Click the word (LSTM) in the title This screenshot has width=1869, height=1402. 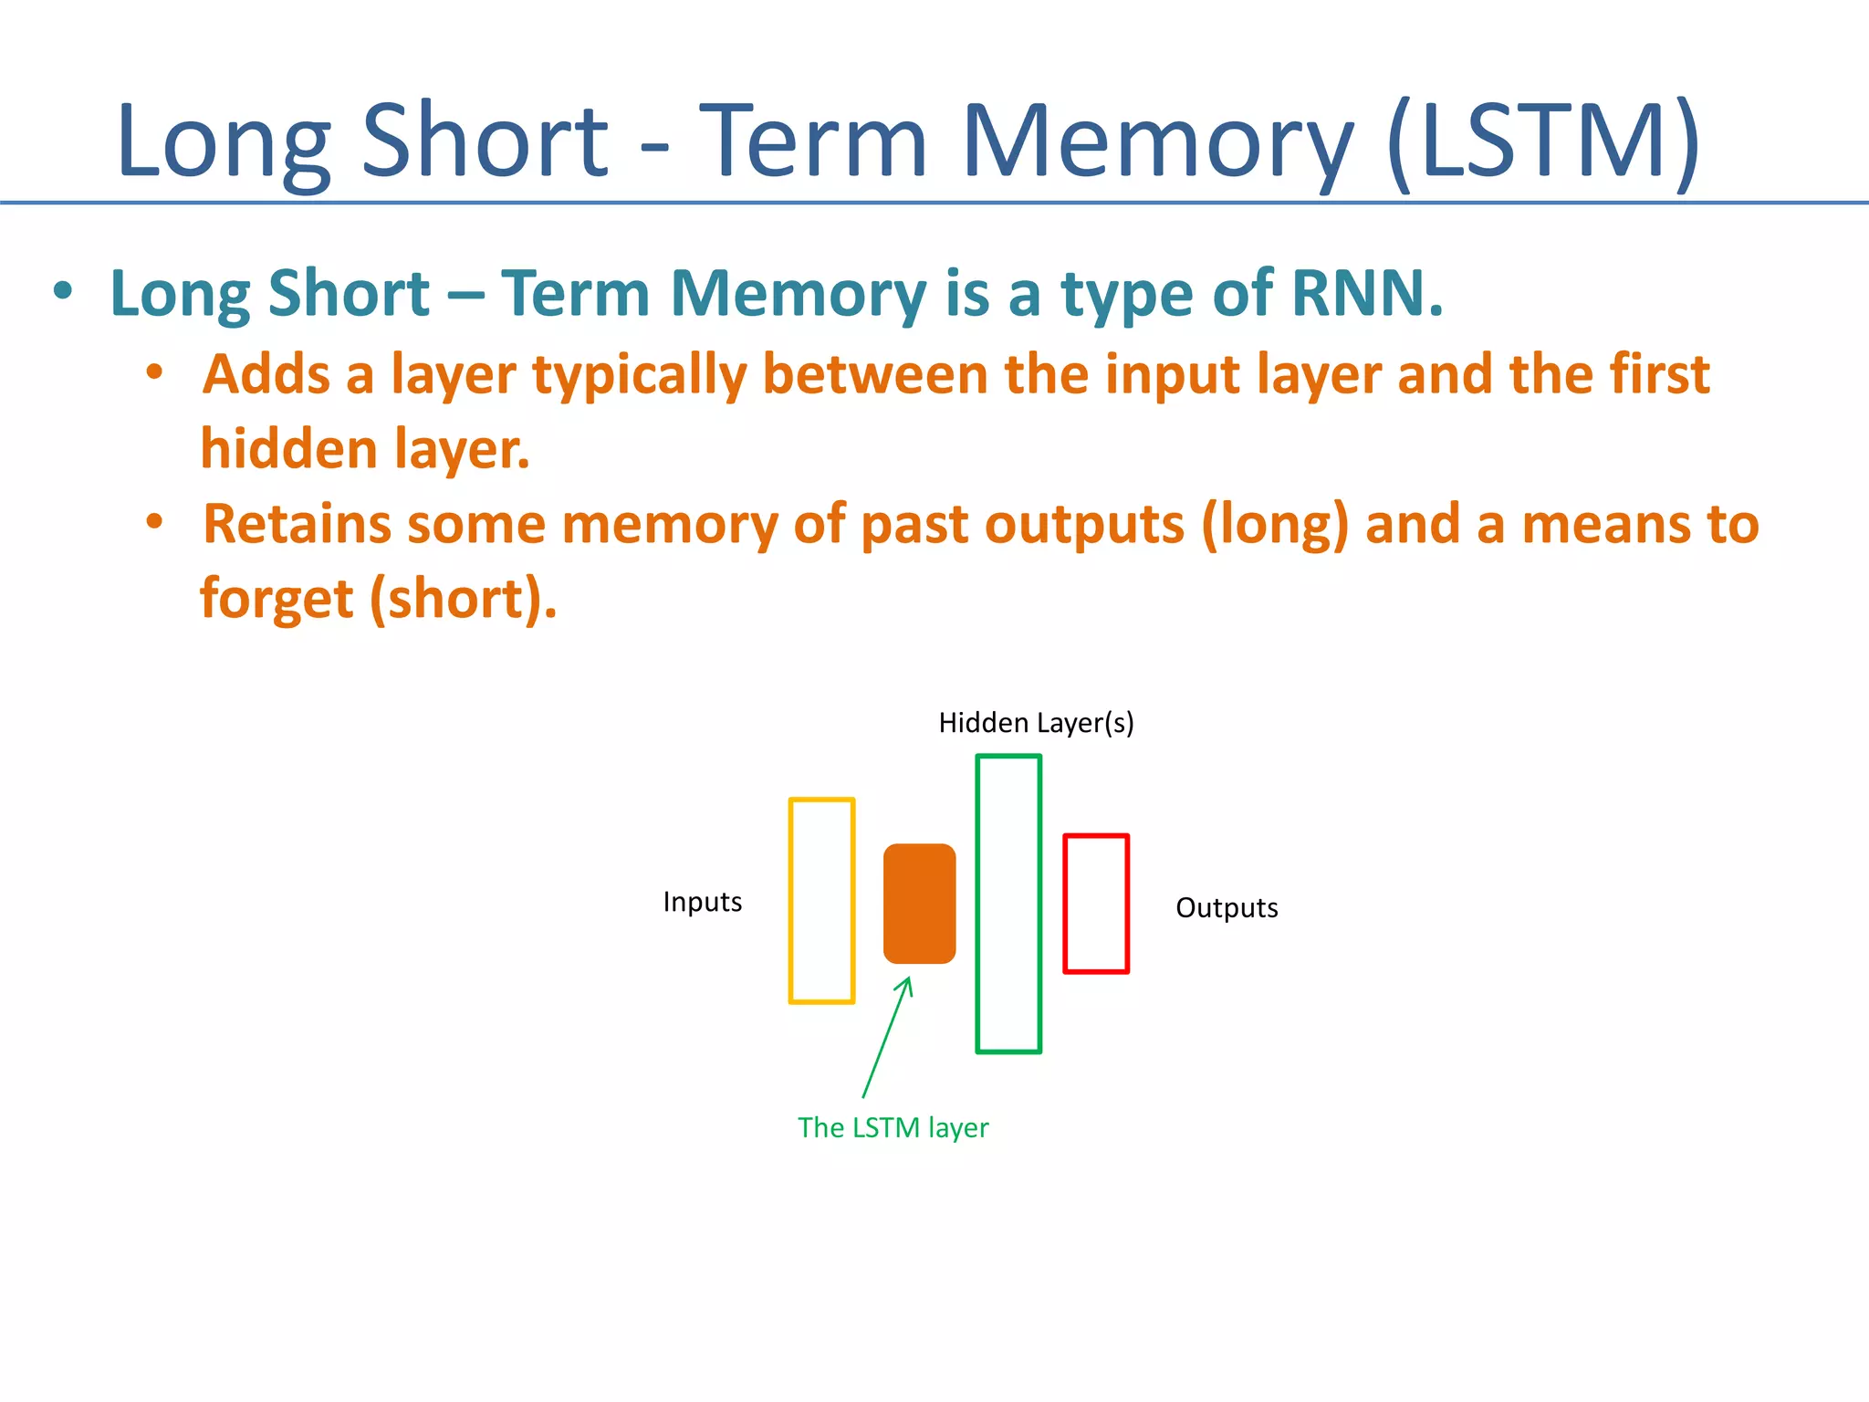pyautogui.click(x=1542, y=141)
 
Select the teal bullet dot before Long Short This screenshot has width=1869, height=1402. pyautogui.click(x=62, y=292)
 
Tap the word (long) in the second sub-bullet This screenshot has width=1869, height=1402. pyautogui.click(x=1274, y=525)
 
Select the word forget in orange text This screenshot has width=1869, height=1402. pyautogui.click(x=277, y=599)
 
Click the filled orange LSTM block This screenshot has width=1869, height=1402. pyautogui.click(x=919, y=904)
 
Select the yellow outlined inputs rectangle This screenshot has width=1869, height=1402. pyautogui.click(x=821, y=901)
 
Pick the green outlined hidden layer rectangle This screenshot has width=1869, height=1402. pyautogui.click(x=1008, y=904)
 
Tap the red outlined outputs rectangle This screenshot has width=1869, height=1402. pyautogui.click(x=1096, y=904)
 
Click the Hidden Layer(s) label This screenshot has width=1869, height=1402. pyautogui.click(x=1036, y=723)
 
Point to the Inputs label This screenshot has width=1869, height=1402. pyautogui.click(x=702, y=902)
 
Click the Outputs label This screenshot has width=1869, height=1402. pyautogui.click(x=1226, y=908)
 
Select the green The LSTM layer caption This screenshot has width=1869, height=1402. pyautogui.click(x=893, y=1128)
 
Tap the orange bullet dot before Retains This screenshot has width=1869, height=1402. pyautogui.click(x=155, y=522)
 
